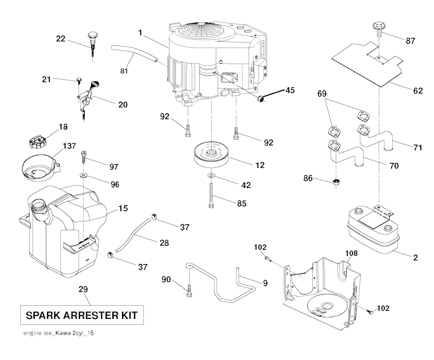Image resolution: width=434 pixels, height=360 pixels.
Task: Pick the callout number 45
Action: coord(290,90)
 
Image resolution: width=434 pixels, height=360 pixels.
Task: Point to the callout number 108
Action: coord(351,253)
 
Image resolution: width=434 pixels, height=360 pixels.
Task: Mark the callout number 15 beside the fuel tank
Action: coord(123,209)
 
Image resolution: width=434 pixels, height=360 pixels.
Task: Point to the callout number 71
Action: coord(417,147)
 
